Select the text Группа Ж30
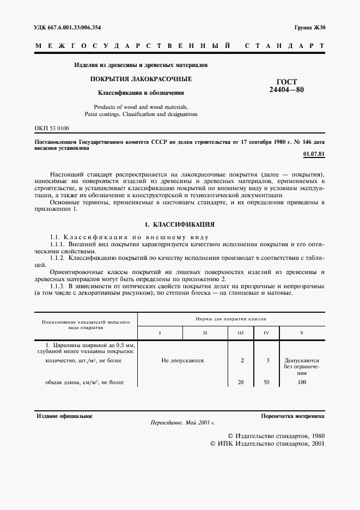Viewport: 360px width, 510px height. (309, 27)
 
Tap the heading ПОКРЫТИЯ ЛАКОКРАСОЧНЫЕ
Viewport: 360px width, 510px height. (141, 79)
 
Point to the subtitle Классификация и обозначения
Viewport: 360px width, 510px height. (141, 93)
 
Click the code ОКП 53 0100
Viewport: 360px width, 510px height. (52, 128)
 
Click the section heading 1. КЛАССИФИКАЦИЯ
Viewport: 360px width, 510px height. (179, 224)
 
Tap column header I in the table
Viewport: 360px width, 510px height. (160, 332)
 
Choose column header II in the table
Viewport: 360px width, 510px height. (205, 332)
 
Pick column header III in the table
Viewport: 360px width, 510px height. (241, 332)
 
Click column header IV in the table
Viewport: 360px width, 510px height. (266, 332)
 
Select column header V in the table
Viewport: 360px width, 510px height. (302, 332)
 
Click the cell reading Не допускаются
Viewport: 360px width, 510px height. (182, 360)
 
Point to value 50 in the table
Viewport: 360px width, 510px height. (266, 382)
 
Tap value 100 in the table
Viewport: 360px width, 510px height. (302, 382)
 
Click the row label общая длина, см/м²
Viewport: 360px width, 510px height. (84, 382)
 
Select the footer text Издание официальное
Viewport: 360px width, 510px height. (64, 416)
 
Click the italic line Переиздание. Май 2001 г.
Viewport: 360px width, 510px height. (182, 423)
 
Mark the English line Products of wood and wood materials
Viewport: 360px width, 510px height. (141, 107)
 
